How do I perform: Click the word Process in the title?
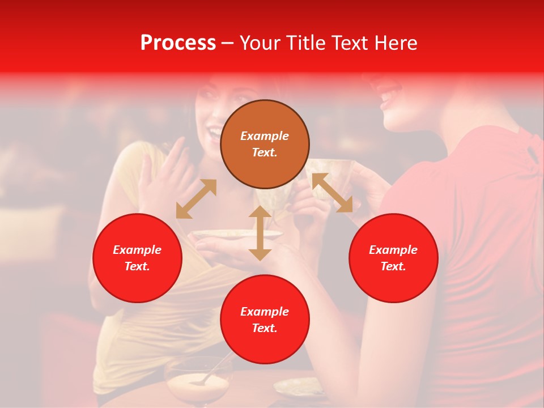[178, 43]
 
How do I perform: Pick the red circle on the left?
[137, 258]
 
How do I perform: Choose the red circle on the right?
[393, 258]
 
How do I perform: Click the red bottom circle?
[265, 319]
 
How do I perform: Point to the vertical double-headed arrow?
[260, 233]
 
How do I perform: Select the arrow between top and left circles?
[196, 199]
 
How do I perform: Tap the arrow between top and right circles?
[332, 193]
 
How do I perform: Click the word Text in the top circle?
[265, 152]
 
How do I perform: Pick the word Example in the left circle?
[137, 250]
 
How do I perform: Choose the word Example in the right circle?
[393, 250]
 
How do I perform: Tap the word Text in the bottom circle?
[265, 328]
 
